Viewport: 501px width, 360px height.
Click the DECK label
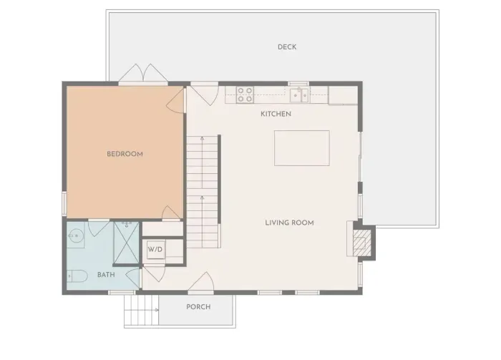coord(287,47)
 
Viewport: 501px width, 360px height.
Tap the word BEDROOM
coord(125,154)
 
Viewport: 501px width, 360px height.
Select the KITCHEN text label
coord(276,114)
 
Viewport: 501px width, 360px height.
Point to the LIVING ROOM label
coord(289,223)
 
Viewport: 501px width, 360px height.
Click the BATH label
coord(106,275)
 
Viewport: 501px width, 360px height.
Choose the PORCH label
coord(198,307)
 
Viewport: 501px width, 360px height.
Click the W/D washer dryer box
coord(156,249)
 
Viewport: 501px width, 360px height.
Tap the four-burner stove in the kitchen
coord(245,95)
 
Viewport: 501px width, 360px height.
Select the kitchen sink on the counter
coord(299,95)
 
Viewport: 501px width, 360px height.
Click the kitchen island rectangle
coord(301,148)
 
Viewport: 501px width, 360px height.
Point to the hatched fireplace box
coord(361,243)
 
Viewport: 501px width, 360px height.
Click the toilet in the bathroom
coord(77,276)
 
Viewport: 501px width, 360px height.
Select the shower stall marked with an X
coord(127,243)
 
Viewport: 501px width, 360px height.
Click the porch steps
coord(141,310)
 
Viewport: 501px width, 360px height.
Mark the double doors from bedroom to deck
coord(143,73)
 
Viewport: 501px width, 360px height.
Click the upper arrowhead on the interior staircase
coord(203,138)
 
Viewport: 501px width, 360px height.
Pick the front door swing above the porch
coord(201,283)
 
